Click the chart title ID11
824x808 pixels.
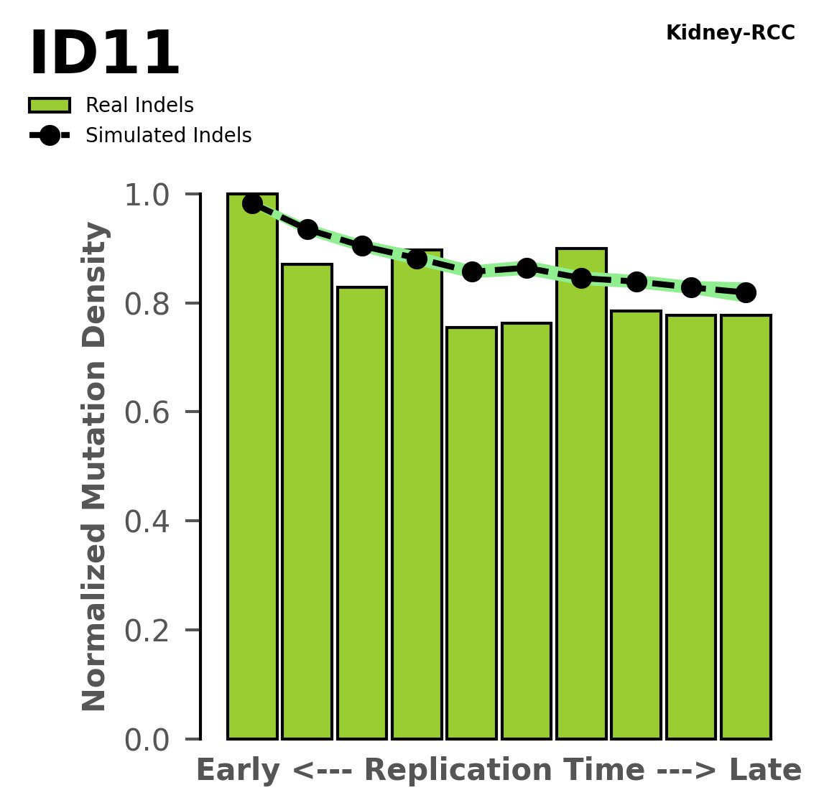[x=104, y=55]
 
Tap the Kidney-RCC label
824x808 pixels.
[x=730, y=33]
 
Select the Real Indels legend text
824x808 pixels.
[x=139, y=106]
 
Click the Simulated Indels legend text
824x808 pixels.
[x=168, y=136]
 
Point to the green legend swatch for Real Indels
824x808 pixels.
[x=50, y=106]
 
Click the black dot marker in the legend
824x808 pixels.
[x=50, y=136]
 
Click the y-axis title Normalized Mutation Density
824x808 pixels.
[x=95, y=467]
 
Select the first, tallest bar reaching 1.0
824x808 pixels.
[x=252, y=467]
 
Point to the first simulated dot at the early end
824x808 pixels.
[x=252, y=204]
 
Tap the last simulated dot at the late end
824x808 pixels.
[x=746, y=292]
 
